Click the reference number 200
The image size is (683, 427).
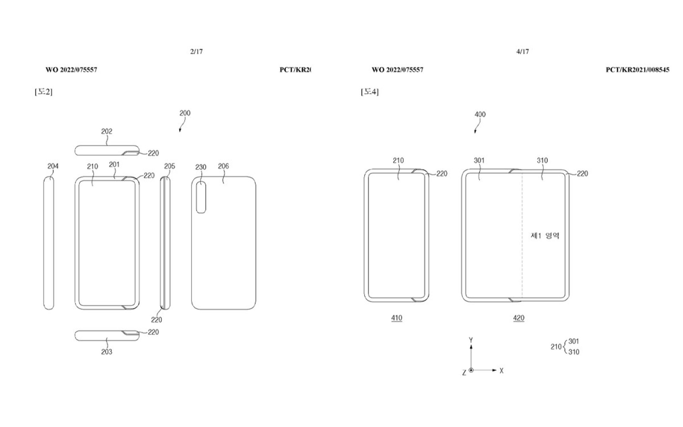[x=185, y=113]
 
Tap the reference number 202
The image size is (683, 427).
[x=107, y=131]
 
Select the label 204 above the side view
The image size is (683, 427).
[x=53, y=166]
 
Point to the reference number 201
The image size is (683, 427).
[x=114, y=164]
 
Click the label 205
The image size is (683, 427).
[x=170, y=166]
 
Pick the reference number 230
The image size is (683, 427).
[x=201, y=167]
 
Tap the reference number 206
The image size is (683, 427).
[x=223, y=166]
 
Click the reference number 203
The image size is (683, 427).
[x=107, y=352]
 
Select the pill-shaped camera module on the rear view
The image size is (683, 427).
[x=201, y=197]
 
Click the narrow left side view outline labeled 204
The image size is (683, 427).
[x=49, y=243]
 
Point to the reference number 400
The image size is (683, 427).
[x=480, y=115]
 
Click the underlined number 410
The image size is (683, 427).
[x=397, y=318]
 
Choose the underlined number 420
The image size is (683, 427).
[x=519, y=318]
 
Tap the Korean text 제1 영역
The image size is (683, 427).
[x=545, y=236]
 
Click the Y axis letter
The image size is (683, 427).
[x=471, y=340]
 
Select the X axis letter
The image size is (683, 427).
[x=502, y=371]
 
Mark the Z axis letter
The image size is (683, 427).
[x=464, y=373]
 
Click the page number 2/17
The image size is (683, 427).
[x=196, y=52]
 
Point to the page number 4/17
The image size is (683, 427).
[x=523, y=52]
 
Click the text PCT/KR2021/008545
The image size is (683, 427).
[x=637, y=70]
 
